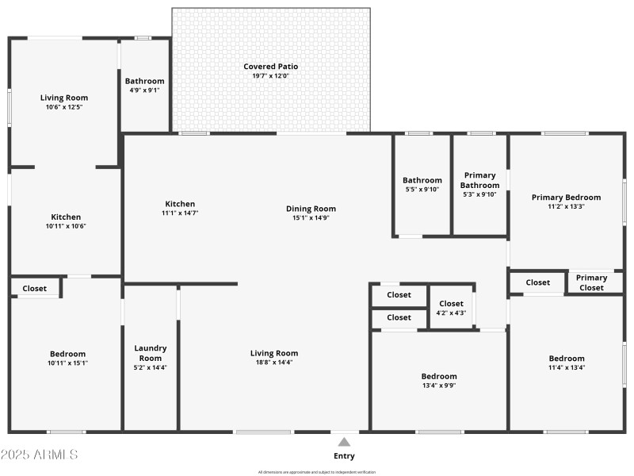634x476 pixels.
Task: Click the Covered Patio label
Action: (x=270, y=67)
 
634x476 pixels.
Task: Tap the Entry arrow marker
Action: (x=344, y=442)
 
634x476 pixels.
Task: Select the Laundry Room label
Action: (x=151, y=353)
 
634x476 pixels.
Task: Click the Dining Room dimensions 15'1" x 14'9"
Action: (x=311, y=217)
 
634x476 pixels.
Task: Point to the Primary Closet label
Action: (x=591, y=282)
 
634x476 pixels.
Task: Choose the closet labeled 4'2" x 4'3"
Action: (x=451, y=308)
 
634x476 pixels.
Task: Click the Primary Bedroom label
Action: (x=566, y=198)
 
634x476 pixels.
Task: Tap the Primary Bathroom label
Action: (x=480, y=180)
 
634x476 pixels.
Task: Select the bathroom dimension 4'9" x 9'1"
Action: (x=144, y=90)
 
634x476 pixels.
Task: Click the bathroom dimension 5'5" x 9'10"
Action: (x=422, y=189)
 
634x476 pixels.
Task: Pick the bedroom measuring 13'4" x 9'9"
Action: (x=438, y=381)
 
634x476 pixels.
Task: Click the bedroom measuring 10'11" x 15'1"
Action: (x=67, y=359)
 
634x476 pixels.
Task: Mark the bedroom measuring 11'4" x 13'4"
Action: (x=567, y=363)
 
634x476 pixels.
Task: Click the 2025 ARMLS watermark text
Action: (x=40, y=455)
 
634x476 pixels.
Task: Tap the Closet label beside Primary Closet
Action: (x=537, y=282)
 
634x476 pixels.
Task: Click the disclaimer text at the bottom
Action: (x=317, y=472)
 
